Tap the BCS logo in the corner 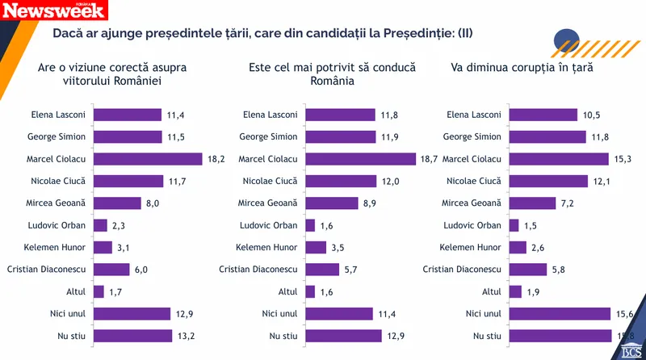[x=631, y=349]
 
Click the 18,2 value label [x=215, y=159]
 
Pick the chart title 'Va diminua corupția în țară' [x=522, y=67]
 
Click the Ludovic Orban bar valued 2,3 [x=101, y=225]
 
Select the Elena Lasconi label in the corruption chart [x=472, y=115]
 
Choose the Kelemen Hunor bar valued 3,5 [x=317, y=247]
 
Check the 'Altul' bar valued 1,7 [x=99, y=291]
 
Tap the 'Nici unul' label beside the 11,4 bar [x=279, y=313]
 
